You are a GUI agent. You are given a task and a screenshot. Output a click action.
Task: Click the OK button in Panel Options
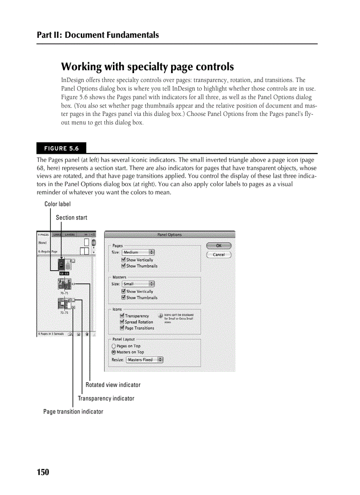coord(218,246)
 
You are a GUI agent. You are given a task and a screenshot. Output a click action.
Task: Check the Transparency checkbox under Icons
coord(122,316)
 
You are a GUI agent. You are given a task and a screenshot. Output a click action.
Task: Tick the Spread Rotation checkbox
coord(122,322)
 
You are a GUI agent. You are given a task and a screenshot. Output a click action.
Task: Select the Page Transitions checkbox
coord(122,328)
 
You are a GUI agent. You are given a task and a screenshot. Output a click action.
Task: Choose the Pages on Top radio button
coord(114,346)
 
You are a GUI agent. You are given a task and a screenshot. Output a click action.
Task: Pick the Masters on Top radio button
coord(114,352)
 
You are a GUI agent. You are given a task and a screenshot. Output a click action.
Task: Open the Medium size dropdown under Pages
coord(138,252)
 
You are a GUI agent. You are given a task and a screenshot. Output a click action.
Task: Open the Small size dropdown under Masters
coord(138,284)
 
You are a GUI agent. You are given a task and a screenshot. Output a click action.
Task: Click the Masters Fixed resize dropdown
coord(144,360)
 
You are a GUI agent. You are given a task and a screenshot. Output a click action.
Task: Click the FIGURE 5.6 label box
coord(61,148)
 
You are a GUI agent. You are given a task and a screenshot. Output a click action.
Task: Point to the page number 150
coord(43,473)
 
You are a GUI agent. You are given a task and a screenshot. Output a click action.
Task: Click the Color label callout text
coord(57,204)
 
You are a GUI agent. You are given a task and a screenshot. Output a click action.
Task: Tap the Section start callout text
coord(71,218)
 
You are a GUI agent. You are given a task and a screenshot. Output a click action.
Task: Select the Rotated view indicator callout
coord(113,385)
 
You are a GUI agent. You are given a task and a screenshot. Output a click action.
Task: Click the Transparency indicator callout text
coord(106,398)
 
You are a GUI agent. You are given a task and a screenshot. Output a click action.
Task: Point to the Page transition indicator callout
coord(73,412)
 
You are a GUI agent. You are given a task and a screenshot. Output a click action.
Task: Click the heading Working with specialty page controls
coord(147,67)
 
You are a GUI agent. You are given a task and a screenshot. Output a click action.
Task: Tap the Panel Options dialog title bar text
coord(169,234)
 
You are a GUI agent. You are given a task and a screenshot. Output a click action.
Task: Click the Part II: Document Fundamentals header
coord(98,35)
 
